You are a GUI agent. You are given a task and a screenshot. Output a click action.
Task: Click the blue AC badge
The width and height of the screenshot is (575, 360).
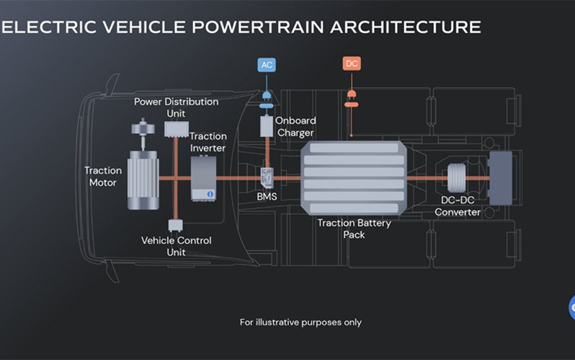267,64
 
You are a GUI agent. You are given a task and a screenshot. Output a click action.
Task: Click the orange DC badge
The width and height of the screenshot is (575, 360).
351,64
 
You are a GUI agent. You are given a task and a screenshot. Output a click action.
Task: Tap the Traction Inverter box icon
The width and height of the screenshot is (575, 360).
203,179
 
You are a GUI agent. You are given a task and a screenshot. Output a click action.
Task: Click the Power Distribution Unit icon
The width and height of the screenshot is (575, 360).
176,128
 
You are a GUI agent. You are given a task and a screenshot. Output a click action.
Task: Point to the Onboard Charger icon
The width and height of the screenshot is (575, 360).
266,127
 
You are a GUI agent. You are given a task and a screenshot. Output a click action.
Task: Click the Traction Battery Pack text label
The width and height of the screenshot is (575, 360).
354,229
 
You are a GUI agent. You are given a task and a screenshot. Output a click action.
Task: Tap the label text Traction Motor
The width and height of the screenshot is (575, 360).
103,176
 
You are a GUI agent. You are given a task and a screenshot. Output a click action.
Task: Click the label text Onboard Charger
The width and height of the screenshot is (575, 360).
295,127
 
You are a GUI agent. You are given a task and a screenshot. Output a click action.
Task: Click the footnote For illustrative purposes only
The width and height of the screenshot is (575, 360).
300,322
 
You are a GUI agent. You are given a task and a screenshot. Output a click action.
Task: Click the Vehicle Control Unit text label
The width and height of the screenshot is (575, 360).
177,246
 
